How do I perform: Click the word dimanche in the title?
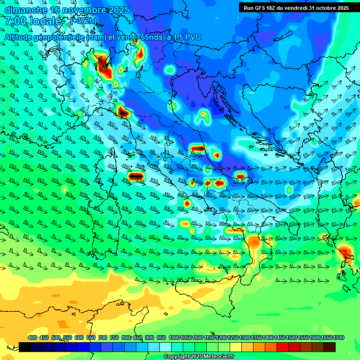[x=25, y=10]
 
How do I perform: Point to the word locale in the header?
[x=45, y=21]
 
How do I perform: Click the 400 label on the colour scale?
[x=32, y=337]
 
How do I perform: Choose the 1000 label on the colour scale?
[x=174, y=337]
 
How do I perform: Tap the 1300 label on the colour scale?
[x=245, y=337]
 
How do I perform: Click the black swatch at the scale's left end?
[x=25, y=347]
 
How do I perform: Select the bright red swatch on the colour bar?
[x=283, y=347]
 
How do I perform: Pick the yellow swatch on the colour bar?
[x=236, y=347]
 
